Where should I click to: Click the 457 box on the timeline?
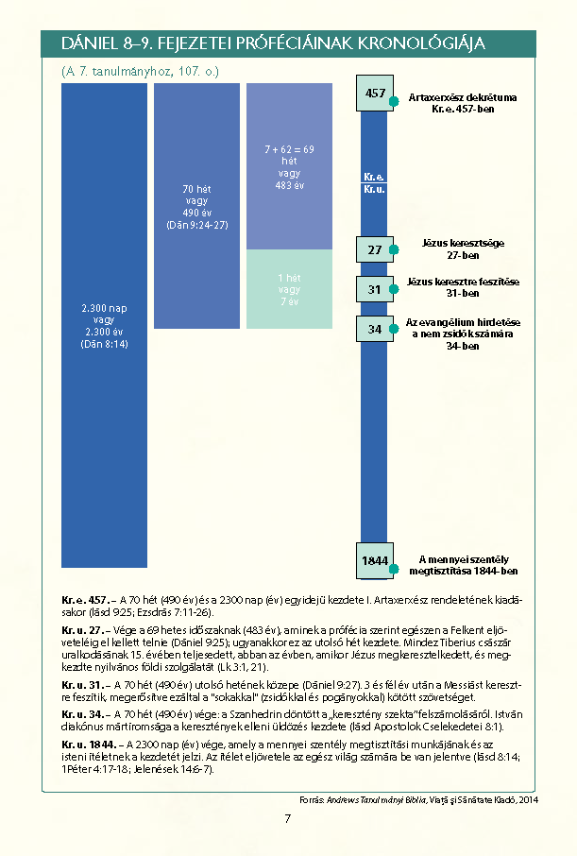(x=375, y=94)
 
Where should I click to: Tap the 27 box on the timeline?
(x=375, y=249)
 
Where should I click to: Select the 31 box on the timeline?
(x=375, y=289)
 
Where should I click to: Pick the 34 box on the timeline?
(x=375, y=329)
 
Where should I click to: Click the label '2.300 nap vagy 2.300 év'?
(x=104, y=326)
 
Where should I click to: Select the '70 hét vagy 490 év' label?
(x=196, y=207)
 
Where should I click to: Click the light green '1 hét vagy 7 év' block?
(x=289, y=289)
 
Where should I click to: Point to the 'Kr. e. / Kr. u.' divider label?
(x=374, y=182)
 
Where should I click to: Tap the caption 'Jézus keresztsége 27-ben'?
(x=464, y=248)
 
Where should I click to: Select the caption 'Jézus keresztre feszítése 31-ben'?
(x=464, y=287)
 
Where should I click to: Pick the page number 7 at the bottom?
(x=288, y=818)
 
